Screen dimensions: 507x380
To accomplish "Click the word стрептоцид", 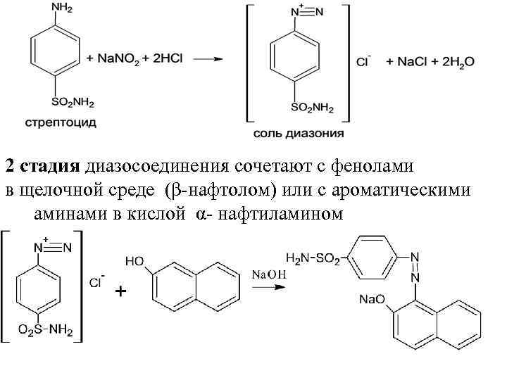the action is click(61, 122).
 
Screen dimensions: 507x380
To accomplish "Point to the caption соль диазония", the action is click(299, 132).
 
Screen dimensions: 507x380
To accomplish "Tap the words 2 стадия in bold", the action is click(43, 167).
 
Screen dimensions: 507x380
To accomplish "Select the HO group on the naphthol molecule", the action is click(136, 261).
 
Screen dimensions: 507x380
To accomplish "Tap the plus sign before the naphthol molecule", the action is click(121, 291).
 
